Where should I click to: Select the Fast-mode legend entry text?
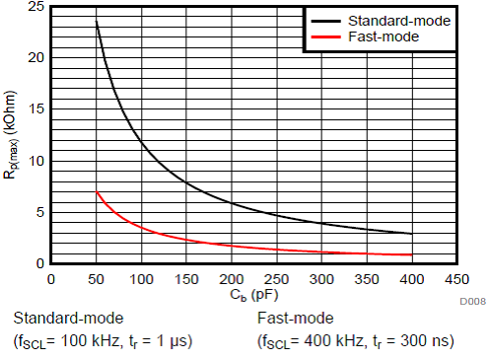(x=386, y=36)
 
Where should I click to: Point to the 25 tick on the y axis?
(x=35, y=7)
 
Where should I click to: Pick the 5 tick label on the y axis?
(x=38, y=212)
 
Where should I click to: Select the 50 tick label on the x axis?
(x=96, y=278)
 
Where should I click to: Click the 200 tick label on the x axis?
(x=231, y=278)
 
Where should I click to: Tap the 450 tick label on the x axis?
(x=456, y=278)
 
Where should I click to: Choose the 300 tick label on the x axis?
(x=321, y=278)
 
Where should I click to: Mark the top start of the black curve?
(x=97, y=22)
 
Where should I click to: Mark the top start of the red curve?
(x=97, y=192)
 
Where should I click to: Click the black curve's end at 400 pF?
(x=411, y=234)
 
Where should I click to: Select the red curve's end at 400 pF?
(x=411, y=255)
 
